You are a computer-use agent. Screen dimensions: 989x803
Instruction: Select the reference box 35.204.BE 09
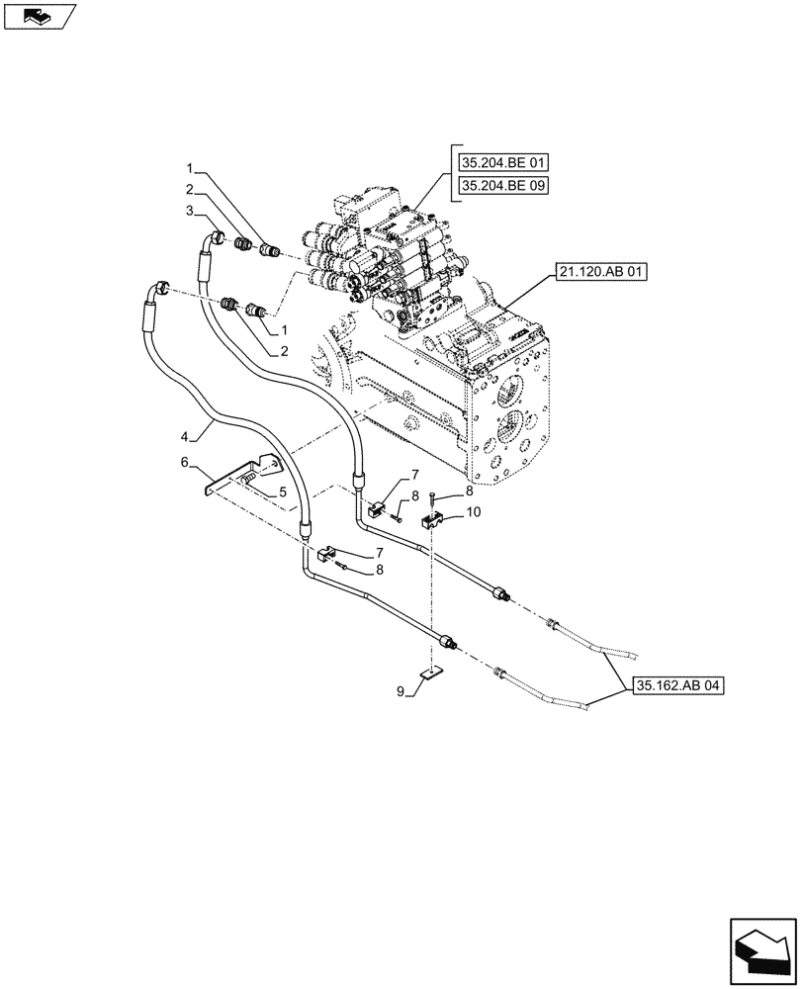[502, 186]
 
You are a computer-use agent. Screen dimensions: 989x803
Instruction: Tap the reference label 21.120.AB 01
[601, 271]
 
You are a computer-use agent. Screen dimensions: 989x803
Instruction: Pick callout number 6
[184, 461]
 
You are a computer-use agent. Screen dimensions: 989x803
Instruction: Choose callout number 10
[474, 511]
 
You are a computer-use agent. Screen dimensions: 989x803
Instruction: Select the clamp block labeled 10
[431, 525]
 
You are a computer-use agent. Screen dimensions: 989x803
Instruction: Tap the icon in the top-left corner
[39, 16]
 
